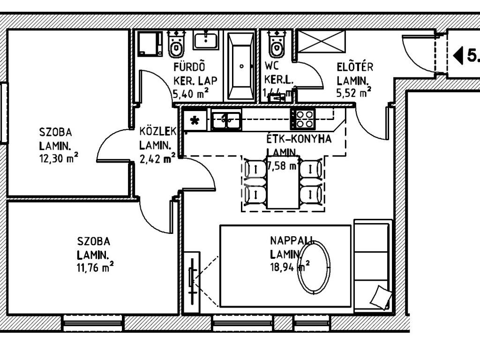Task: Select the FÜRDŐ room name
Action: [x=189, y=67]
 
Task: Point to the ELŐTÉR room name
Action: [x=355, y=67]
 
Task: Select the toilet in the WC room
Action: [x=277, y=45]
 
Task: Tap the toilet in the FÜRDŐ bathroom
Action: [x=176, y=45]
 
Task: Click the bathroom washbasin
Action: [x=206, y=40]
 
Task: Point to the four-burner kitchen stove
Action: [x=303, y=119]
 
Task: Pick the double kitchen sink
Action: [x=226, y=120]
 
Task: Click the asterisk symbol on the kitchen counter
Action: [x=195, y=121]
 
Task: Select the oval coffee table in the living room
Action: [x=314, y=267]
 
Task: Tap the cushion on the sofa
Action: [x=381, y=297]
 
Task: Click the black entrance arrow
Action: [x=458, y=55]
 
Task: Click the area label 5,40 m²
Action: [x=190, y=93]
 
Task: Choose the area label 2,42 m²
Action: [x=157, y=158]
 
